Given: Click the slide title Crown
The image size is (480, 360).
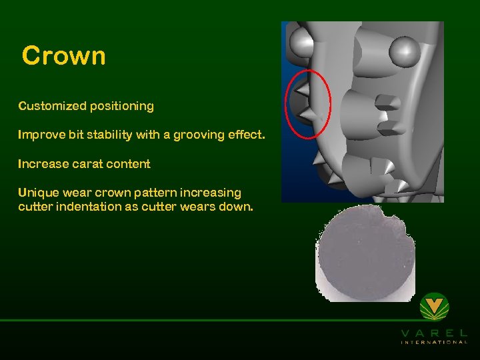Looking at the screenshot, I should pos(63,55).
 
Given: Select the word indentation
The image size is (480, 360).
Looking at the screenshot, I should pos(85,207).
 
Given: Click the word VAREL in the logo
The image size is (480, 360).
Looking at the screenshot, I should pos(434,332).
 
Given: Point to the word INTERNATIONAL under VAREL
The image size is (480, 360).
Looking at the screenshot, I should pos(434,342).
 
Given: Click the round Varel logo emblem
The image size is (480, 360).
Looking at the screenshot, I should pos(434,307).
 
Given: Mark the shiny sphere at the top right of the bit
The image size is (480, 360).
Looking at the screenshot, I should pos(404,50).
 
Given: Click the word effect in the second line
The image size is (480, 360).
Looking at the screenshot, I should pos(245,135).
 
